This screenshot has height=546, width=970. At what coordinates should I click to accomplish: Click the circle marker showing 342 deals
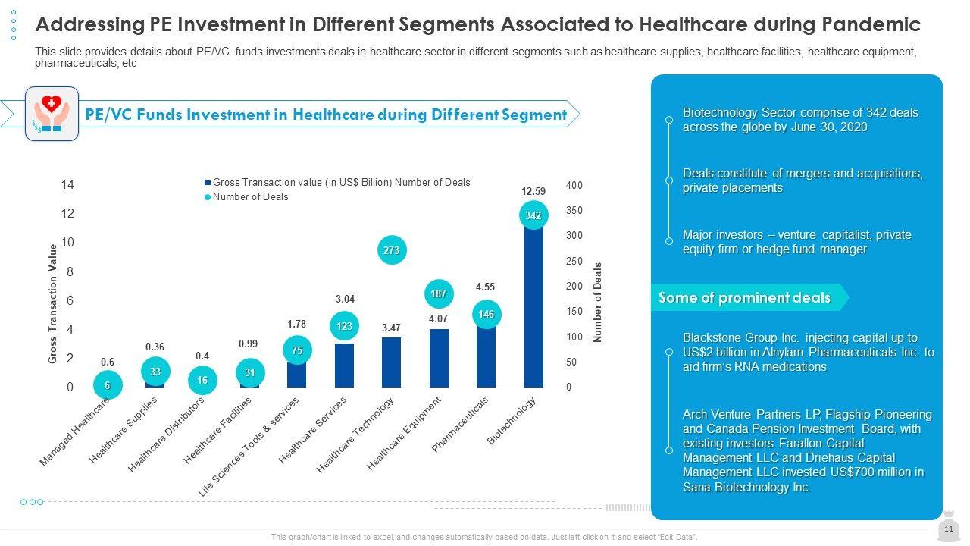[533, 216]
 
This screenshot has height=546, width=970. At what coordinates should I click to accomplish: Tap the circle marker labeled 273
[392, 249]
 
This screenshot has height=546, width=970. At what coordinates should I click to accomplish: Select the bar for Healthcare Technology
[391, 362]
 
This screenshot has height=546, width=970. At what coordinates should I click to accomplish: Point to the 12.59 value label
[533, 192]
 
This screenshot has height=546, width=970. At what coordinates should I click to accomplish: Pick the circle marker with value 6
[108, 385]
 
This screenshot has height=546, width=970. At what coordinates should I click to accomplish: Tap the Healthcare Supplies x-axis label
[124, 430]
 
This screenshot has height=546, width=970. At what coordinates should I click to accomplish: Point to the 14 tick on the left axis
[68, 185]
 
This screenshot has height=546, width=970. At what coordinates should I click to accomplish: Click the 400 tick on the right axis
[574, 186]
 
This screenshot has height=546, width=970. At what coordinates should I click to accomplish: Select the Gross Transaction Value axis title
[53, 303]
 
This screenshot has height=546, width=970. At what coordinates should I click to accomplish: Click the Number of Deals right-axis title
[597, 303]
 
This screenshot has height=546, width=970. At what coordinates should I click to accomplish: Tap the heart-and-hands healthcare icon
[52, 113]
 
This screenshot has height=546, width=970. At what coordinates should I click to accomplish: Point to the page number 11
[948, 529]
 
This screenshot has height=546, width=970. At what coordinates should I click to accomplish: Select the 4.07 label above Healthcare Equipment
[438, 319]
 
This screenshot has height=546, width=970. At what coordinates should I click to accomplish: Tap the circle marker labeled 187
[439, 293]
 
